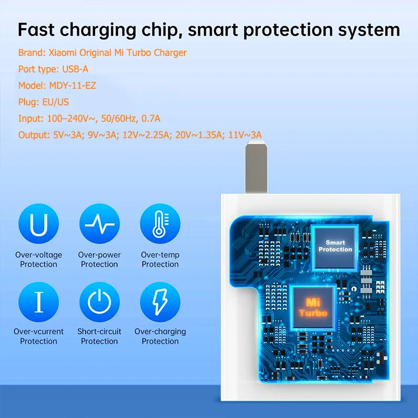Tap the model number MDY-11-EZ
tap(72, 86)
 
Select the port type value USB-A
tap(75, 69)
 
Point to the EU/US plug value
tap(55, 102)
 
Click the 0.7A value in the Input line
tap(150, 119)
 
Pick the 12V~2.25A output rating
tap(146, 135)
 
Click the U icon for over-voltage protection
tap(39, 224)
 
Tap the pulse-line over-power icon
tap(99, 224)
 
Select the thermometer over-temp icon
tap(160, 224)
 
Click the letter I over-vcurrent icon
tap(39, 302)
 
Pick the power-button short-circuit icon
tap(99, 302)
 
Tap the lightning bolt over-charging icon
tap(160, 302)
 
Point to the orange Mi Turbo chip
tap(313, 307)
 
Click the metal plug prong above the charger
tap(256, 167)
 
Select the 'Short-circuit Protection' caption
tap(99, 336)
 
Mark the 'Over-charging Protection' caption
tap(160, 336)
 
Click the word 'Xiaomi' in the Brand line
tap(62, 53)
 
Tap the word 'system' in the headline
tap(369, 30)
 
